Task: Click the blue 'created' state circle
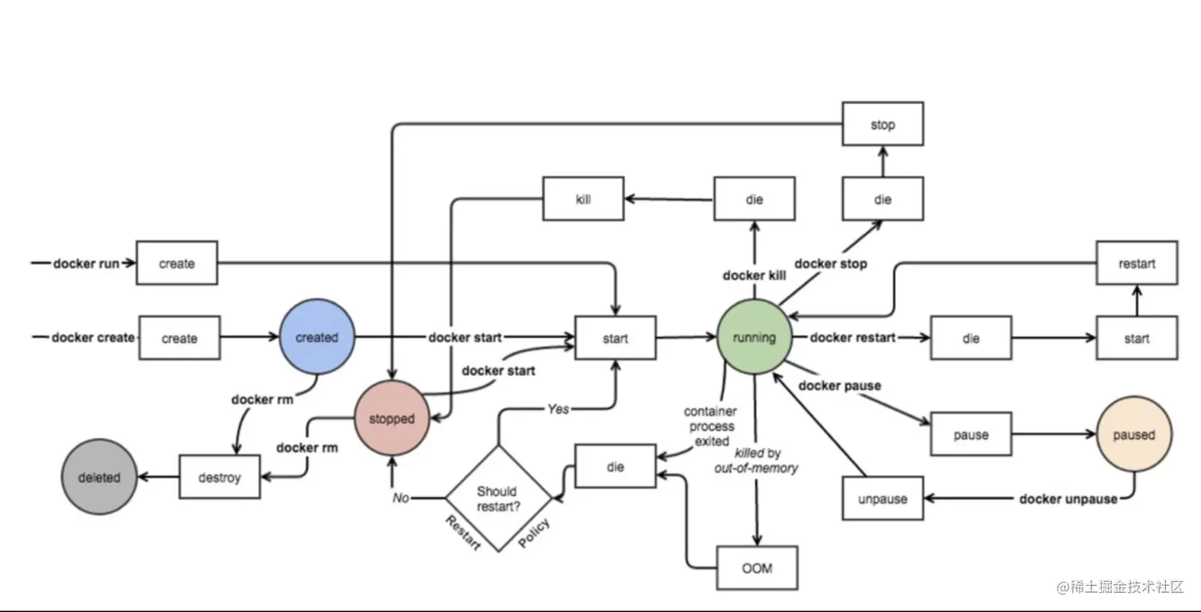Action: tap(317, 337)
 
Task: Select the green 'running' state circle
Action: tap(754, 337)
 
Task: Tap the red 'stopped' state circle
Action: tap(391, 418)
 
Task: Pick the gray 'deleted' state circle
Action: tap(99, 478)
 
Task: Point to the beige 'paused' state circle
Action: tap(1133, 434)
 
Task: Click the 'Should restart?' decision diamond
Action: tap(498, 498)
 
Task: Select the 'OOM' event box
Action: tap(756, 568)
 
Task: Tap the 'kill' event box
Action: tap(583, 198)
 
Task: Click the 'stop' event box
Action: tap(882, 124)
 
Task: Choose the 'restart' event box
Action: tap(1136, 263)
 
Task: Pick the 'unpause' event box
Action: tap(882, 498)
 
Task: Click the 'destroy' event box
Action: tap(219, 477)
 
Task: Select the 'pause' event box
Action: tap(971, 434)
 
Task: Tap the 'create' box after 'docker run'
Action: tap(176, 263)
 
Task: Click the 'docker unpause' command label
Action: tap(1068, 498)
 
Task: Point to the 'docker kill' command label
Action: tap(754, 275)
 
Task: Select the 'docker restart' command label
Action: tap(852, 337)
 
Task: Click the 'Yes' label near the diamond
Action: tap(558, 409)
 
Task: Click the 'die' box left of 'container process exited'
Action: tap(616, 467)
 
